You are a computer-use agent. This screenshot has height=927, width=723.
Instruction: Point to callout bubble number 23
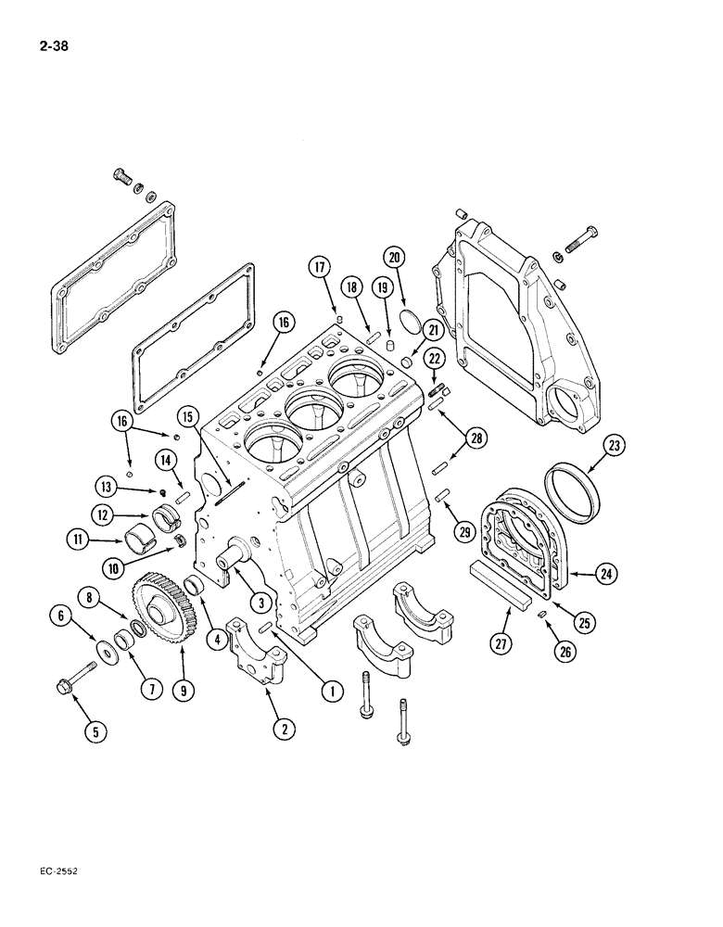pos(613,447)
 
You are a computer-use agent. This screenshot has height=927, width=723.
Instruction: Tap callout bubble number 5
pos(95,731)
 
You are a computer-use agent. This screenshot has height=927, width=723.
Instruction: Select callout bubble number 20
pos(394,259)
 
